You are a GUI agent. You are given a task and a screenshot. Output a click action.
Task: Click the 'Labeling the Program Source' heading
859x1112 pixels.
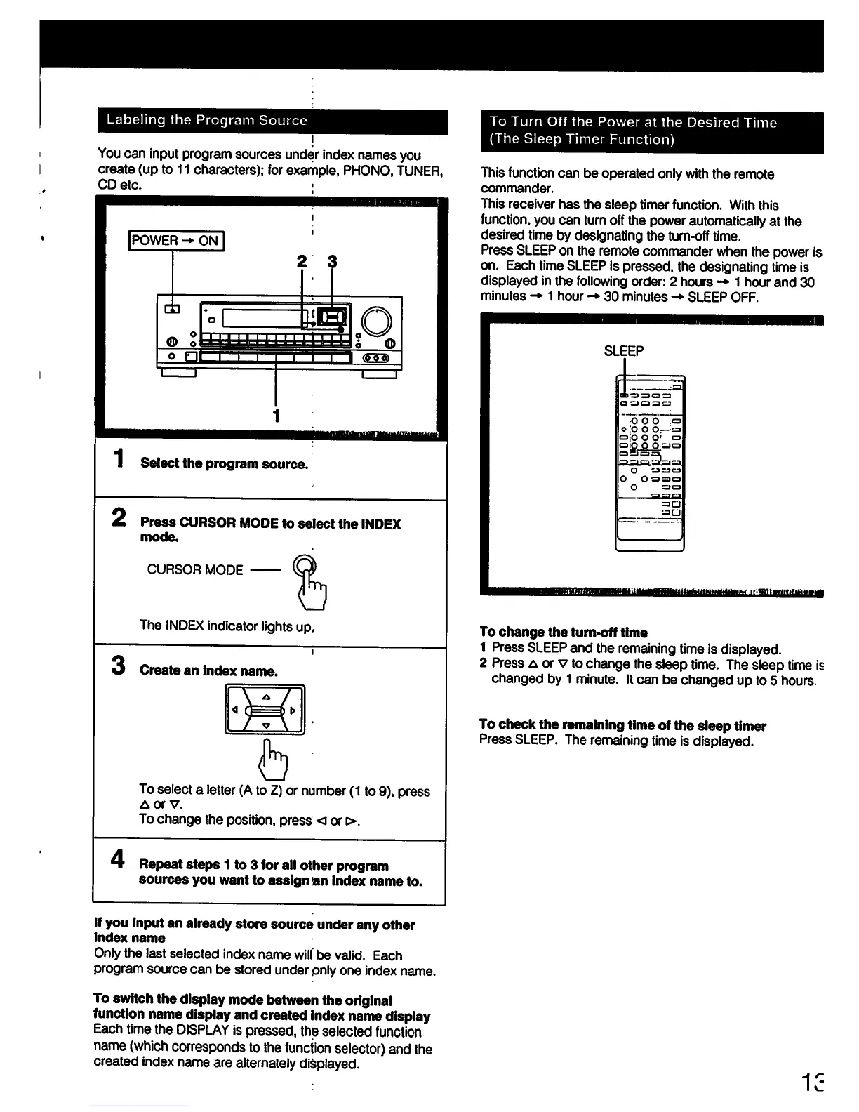click(x=206, y=120)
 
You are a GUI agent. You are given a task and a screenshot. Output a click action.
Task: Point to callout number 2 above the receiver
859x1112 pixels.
click(x=302, y=262)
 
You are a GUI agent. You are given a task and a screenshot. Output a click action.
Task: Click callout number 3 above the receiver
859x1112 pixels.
click(x=332, y=262)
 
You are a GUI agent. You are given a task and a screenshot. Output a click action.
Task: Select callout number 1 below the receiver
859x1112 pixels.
click(x=277, y=415)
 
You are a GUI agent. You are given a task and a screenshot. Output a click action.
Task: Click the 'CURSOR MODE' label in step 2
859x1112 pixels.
click(x=195, y=570)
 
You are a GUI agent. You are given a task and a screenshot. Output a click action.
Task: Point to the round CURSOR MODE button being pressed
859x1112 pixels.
click(x=304, y=566)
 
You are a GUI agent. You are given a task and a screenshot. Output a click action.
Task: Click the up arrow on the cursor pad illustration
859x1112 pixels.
click(x=266, y=696)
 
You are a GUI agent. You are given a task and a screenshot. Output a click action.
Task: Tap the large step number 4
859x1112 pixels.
click(x=118, y=860)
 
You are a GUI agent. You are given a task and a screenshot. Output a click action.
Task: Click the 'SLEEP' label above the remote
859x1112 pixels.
click(x=624, y=351)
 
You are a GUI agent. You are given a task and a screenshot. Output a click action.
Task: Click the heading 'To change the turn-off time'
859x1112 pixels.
click(x=564, y=632)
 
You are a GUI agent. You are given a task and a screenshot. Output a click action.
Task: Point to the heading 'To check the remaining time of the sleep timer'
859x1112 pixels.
click(x=622, y=725)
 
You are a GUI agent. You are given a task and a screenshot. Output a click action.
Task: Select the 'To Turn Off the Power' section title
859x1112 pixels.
click(x=633, y=131)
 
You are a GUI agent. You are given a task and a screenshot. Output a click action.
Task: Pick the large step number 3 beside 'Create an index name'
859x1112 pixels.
click(x=118, y=665)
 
